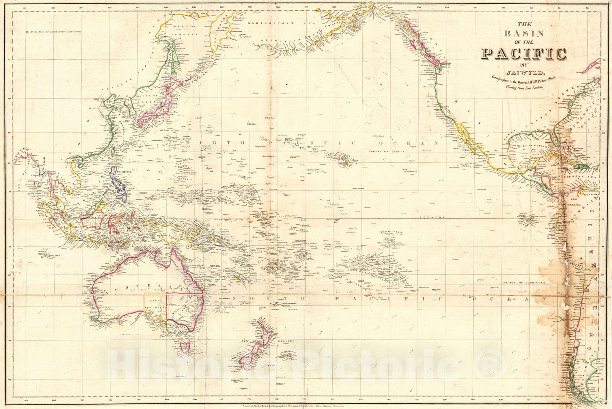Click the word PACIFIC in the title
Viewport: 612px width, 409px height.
(x=524, y=54)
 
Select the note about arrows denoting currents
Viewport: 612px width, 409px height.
(x=57, y=32)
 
